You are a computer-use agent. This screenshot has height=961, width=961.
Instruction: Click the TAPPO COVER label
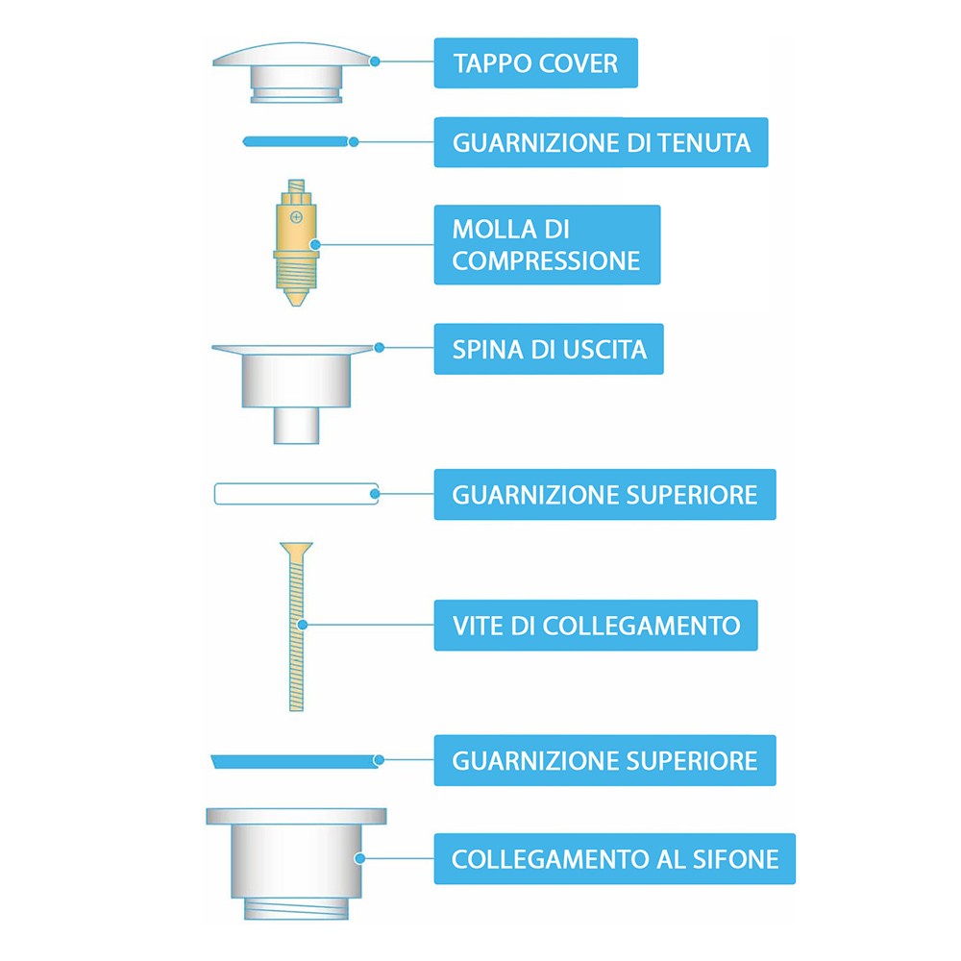[x=535, y=63]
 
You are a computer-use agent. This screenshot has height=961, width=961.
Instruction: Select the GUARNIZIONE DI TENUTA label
[x=601, y=142]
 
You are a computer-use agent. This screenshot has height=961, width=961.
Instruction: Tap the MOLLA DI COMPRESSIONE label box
[x=547, y=244]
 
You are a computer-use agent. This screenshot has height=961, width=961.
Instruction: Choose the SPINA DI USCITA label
[x=549, y=349]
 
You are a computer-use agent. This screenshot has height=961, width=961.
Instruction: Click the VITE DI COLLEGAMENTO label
[x=596, y=626]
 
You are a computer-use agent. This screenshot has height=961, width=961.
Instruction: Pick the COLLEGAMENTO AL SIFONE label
[x=615, y=858]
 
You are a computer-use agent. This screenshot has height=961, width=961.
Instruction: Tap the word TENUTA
[x=704, y=143]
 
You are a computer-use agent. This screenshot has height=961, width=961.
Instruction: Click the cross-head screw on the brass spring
[x=296, y=217]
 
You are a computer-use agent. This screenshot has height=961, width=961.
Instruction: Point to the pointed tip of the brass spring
[x=296, y=302]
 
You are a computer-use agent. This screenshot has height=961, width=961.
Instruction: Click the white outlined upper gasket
[x=296, y=494]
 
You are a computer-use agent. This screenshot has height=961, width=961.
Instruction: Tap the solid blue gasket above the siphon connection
[x=295, y=761]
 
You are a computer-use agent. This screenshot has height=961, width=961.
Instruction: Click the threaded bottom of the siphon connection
[x=296, y=909]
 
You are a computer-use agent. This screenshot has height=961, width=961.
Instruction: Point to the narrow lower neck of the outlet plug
[x=296, y=426]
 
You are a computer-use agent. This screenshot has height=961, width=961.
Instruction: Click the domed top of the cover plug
[x=296, y=53]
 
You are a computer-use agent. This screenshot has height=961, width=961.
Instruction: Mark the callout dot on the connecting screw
[x=302, y=625]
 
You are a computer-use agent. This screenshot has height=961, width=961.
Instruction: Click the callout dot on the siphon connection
[x=360, y=858]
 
